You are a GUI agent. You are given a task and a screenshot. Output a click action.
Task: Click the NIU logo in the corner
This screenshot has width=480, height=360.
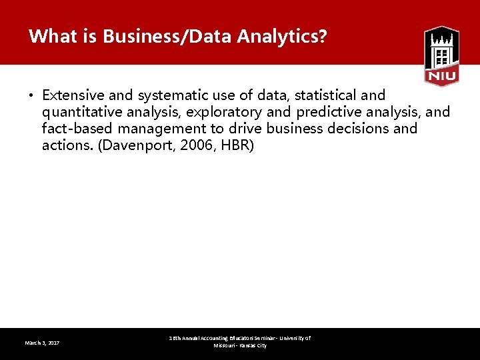coord(441,56)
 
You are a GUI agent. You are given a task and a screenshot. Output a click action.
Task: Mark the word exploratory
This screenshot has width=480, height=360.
coord(225,112)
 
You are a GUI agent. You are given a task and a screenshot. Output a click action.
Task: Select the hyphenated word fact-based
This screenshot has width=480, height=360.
coord(73,129)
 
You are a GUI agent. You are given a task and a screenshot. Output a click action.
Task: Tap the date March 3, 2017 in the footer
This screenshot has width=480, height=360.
coord(42,343)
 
